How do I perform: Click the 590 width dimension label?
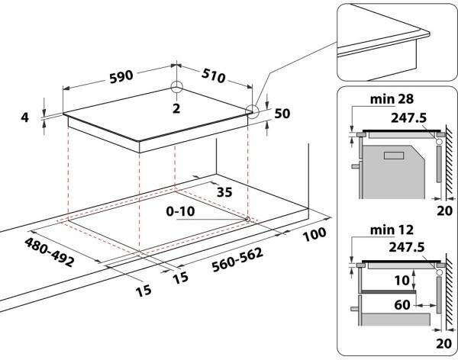coord(121,76)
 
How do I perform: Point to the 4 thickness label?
coord(24,117)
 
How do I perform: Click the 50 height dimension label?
coord(282,114)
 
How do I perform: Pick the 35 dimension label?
coord(224,191)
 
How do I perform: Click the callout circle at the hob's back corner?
coord(176,87)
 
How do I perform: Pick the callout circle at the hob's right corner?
coord(252,112)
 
